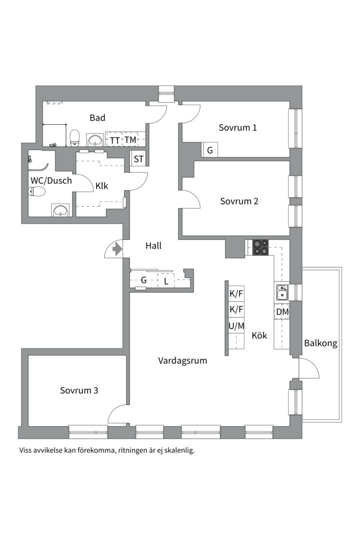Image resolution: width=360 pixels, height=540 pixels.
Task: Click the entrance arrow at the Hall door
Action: click(117, 248)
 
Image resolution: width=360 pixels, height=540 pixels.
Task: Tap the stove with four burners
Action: click(260, 247)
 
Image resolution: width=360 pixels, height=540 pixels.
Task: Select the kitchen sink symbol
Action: click(282, 292)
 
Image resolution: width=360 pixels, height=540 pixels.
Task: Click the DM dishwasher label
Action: click(282, 312)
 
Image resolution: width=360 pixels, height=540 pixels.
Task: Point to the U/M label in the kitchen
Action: click(236, 326)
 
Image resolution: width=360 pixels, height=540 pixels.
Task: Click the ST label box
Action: click(138, 159)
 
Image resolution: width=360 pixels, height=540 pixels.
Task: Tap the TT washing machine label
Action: click(114, 140)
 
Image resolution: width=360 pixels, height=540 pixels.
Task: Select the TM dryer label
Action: click(130, 140)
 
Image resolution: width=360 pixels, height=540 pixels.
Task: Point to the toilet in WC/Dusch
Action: click(37, 191)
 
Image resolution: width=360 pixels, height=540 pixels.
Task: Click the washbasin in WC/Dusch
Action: click(60, 209)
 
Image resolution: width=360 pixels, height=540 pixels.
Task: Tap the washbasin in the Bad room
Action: click(94, 140)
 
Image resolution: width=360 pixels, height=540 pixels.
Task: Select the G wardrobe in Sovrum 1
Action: click(210, 150)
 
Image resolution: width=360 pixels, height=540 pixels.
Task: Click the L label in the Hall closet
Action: click(166, 281)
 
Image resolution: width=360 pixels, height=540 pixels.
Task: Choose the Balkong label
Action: click(320, 343)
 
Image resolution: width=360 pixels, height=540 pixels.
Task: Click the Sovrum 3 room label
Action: click(79, 390)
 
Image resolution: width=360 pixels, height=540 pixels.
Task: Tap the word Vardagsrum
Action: click(182, 361)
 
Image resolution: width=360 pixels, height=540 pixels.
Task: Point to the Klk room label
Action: click(101, 186)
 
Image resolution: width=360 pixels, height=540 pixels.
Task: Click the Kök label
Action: click(259, 335)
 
